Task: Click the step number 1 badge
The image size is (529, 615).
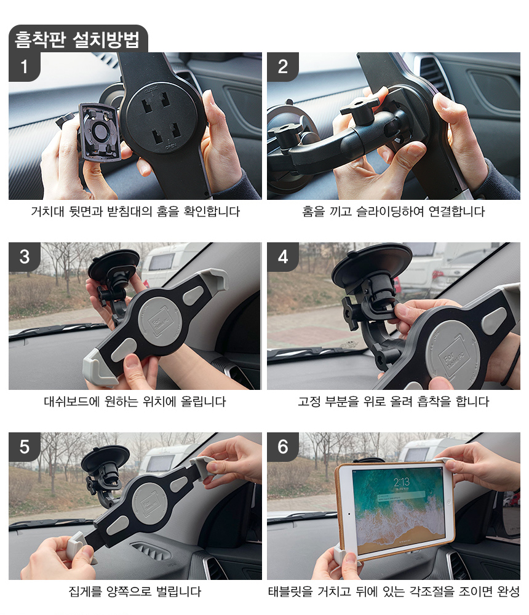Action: pyautogui.click(x=25, y=66)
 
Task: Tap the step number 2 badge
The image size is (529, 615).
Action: pyautogui.click(x=283, y=66)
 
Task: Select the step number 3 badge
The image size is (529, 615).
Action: pyautogui.click(x=25, y=257)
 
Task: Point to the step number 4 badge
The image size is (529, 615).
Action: pyautogui.click(x=283, y=257)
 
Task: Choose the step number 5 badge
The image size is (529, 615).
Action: pyautogui.click(x=25, y=446)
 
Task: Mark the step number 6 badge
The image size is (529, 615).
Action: pyautogui.click(x=283, y=446)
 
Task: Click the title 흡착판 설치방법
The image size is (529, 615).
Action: pyautogui.click(x=78, y=39)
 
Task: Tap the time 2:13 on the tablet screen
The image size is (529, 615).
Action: pyautogui.click(x=402, y=482)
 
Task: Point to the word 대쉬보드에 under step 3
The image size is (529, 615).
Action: pyautogui.click(x=72, y=402)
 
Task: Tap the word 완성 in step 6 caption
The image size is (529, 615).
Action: pyautogui.click(x=508, y=592)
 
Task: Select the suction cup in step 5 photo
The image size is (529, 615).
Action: pyautogui.click(x=105, y=458)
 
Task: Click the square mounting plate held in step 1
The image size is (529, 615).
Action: pyautogui.click(x=99, y=132)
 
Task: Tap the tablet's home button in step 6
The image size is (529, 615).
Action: pyautogui.click(x=349, y=514)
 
